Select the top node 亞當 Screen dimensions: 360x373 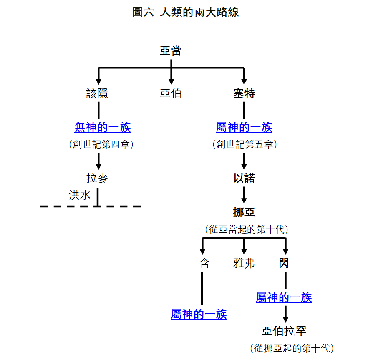(171, 51)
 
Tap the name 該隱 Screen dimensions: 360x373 (97, 93)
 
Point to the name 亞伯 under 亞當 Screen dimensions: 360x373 (171, 93)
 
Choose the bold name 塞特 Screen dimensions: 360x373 (244, 93)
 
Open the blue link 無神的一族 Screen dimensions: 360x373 (103, 127)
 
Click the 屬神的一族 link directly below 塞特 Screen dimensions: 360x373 (244, 127)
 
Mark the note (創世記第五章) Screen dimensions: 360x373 (244, 144)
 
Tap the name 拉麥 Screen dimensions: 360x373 (97, 179)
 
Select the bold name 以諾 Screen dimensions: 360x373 (244, 179)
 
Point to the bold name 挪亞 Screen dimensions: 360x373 (244, 212)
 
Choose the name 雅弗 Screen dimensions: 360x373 (244, 263)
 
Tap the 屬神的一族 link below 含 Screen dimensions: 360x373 (199, 314)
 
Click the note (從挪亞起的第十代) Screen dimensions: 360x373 (292, 348)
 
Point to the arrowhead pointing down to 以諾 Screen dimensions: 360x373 (244, 166)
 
